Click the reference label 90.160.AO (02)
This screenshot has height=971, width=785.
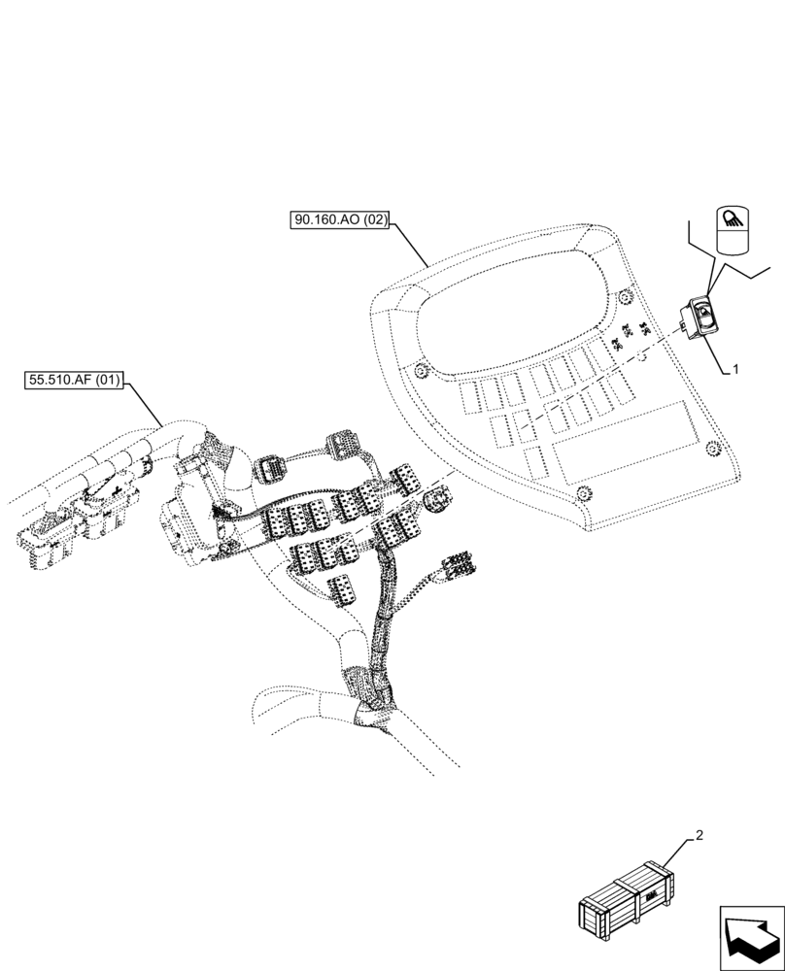pyautogui.click(x=339, y=220)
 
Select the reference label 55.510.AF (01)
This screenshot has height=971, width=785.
pyautogui.click(x=73, y=380)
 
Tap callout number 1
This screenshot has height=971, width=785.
pyautogui.click(x=735, y=369)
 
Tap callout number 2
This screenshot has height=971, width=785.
pyautogui.click(x=699, y=835)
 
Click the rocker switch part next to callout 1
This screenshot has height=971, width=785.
pyautogui.click(x=698, y=318)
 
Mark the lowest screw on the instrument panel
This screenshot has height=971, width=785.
pyautogui.click(x=583, y=493)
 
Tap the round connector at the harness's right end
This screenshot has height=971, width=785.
pyautogui.click(x=439, y=499)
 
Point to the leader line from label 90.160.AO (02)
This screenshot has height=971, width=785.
pyautogui.click(x=409, y=243)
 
